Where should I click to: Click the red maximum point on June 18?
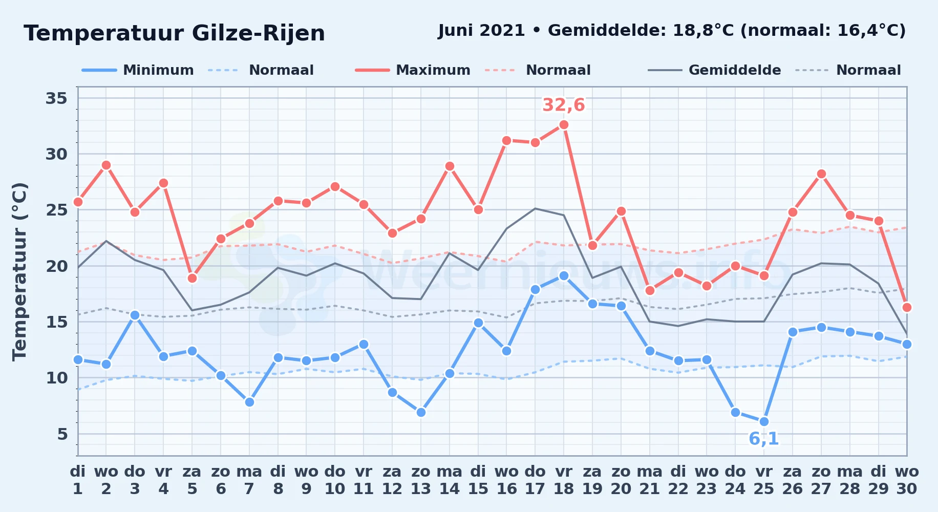tap(564, 124)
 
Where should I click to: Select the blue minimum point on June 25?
tap(764, 421)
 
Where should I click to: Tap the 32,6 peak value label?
tap(564, 105)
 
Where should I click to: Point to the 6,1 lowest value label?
tap(764, 439)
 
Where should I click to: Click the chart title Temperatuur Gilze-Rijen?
tap(174, 33)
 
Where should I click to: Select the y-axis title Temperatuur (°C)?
tap(19, 271)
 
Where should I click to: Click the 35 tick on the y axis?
tap(56, 98)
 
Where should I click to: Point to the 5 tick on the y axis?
tap(62, 434)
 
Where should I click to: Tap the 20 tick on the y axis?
tap(56, 266)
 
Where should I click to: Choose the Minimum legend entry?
tap(138, 70)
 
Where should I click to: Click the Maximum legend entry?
tap(413, 70)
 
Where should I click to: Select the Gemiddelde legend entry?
tap(714, 70)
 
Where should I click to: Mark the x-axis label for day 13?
tap(421, 480)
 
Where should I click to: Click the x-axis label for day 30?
tap(906, 480)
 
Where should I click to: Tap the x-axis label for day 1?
tap(78, 480)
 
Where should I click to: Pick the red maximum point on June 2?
tap(106, 165)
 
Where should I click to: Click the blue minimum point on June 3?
tap(135, 315)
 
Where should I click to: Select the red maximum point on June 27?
tap(821, 174)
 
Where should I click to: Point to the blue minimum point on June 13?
tap(421, 412)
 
